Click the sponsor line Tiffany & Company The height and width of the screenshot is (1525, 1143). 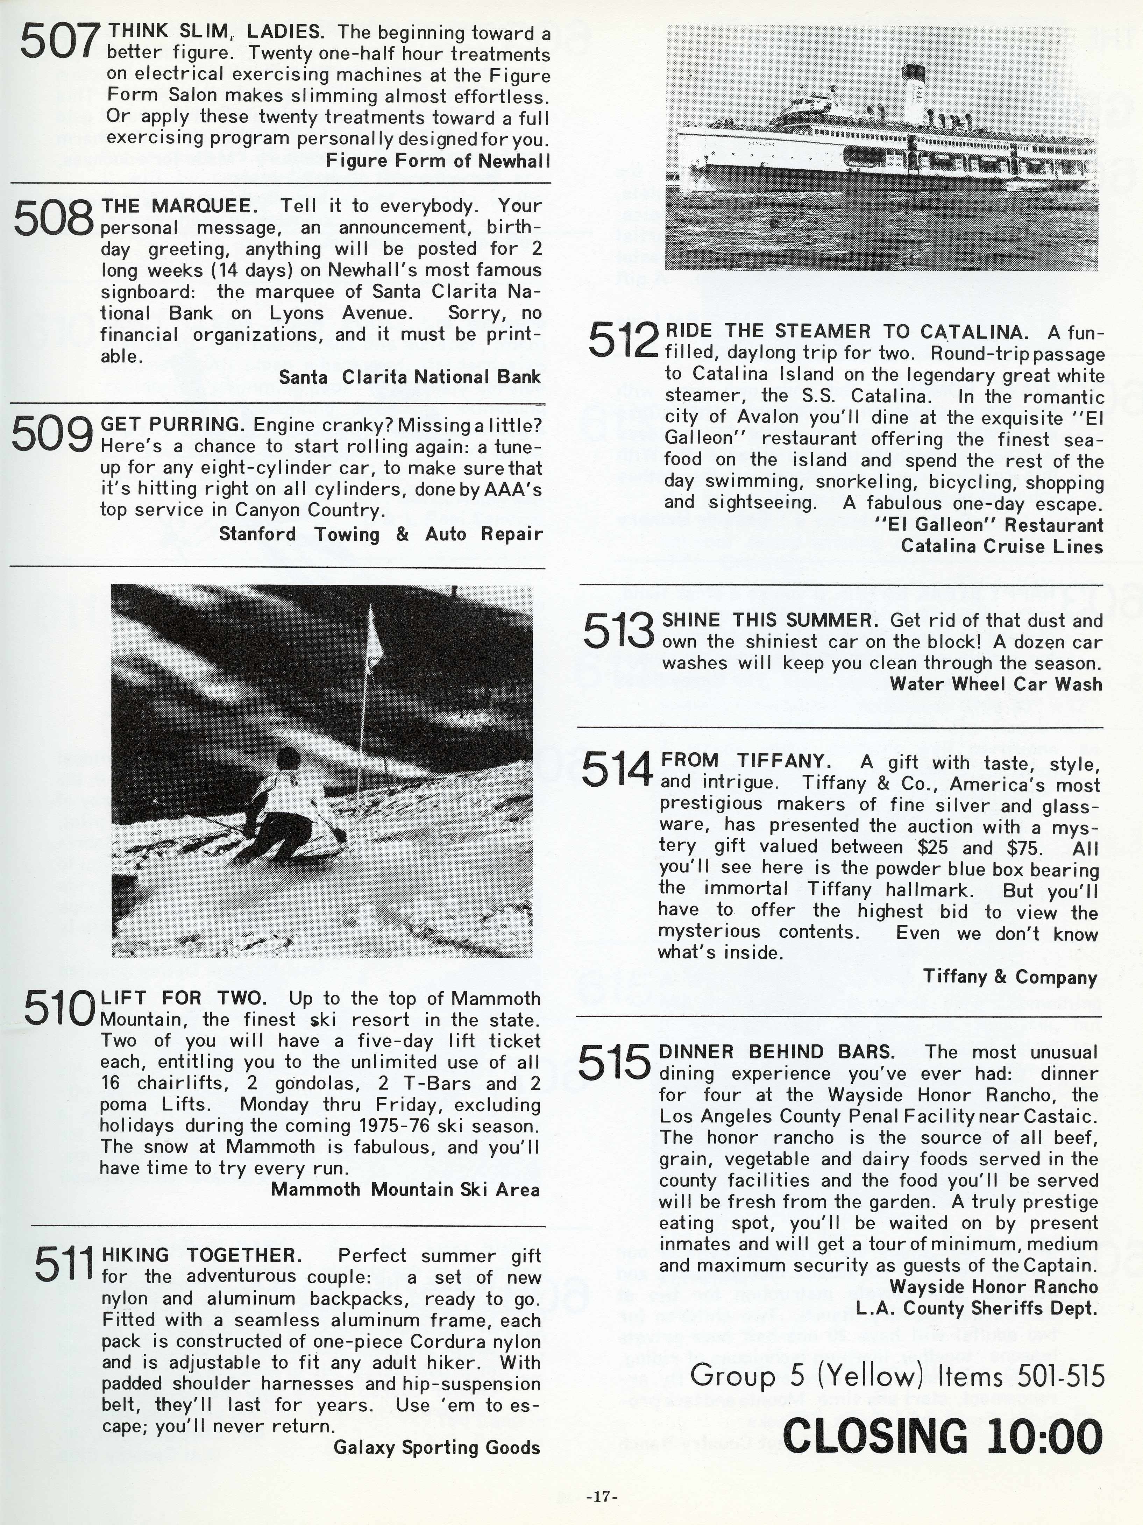(x=1010, y=977)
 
